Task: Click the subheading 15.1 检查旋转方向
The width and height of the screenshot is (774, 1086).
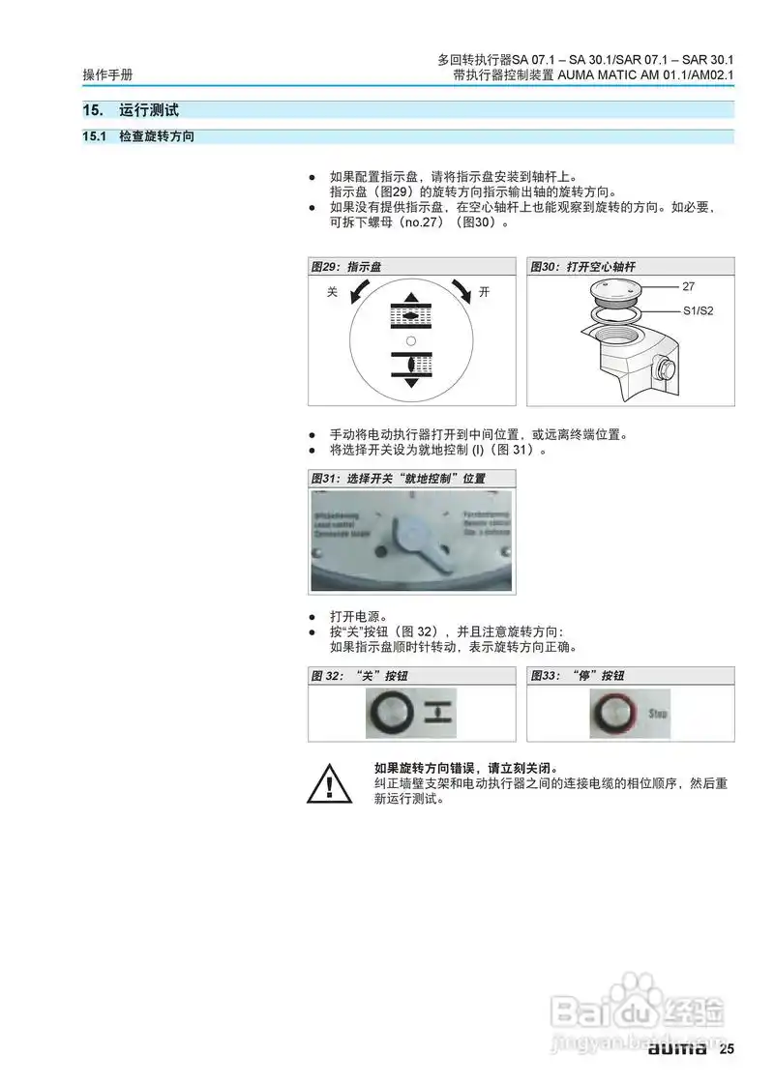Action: coord(137,137)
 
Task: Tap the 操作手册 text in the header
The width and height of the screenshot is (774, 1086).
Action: coord(107,74)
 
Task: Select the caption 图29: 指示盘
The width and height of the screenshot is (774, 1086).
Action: coord(345,266)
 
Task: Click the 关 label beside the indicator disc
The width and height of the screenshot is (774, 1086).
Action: coord(332,292)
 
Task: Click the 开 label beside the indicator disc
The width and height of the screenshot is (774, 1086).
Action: coord(484,292)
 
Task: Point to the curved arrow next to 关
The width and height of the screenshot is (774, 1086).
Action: coord(359,291)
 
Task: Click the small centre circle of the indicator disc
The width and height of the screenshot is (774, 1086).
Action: coord(411,341)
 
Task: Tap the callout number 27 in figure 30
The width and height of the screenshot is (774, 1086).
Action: coord(689,287)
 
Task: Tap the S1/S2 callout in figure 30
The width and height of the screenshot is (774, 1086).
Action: coord(698,310)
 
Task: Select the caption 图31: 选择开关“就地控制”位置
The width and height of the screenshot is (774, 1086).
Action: coord(398,479)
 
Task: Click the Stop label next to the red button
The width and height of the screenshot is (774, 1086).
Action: coord(658,714)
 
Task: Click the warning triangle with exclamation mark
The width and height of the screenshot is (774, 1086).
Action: coord(329,784)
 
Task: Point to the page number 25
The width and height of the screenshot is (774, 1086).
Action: coord(727,1049)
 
